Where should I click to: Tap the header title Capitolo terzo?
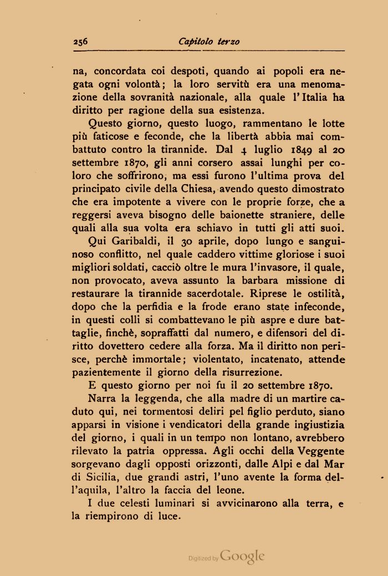(209, 41)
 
